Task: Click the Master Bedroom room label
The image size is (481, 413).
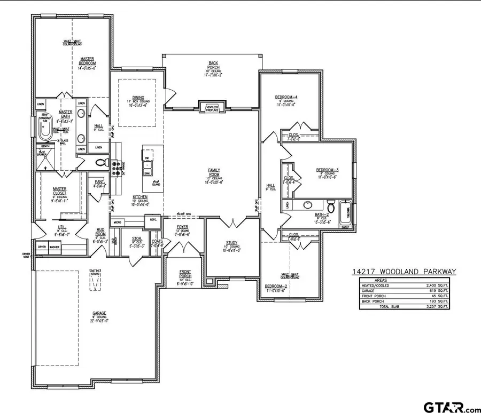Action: click(88, 61)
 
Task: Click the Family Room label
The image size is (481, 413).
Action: click(214, 173)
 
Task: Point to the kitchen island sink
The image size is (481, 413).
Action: click(146, 170)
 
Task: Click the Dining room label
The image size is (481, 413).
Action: click(138, 98)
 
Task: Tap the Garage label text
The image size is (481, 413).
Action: click(99, 313)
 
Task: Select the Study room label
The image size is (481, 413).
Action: click(231, 243)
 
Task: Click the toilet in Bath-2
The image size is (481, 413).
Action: click(330, 207)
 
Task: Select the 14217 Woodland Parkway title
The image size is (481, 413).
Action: click(404, 272)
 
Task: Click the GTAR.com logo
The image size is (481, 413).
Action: click(452, 407)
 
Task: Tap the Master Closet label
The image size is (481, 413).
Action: click(59, 190)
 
